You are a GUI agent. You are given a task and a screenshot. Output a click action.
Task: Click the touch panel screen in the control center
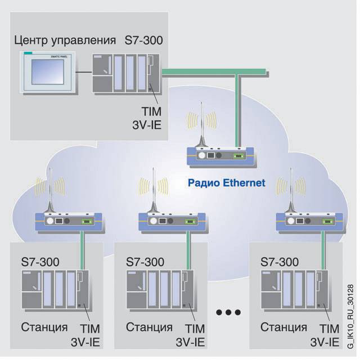tap(48, 72)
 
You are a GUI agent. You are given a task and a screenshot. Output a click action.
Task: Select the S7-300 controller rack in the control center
tap(127, 72)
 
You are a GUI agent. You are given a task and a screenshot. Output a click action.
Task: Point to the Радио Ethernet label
tap(226, 182)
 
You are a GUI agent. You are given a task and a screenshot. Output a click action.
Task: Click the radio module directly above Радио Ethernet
tap(221, 154)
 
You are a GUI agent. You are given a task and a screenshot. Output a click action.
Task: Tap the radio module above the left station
tap(67, 221)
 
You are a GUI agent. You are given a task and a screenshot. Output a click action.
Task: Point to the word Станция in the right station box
tap(284, 327)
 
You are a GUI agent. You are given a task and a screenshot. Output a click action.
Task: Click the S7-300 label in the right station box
tap(280, 262)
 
